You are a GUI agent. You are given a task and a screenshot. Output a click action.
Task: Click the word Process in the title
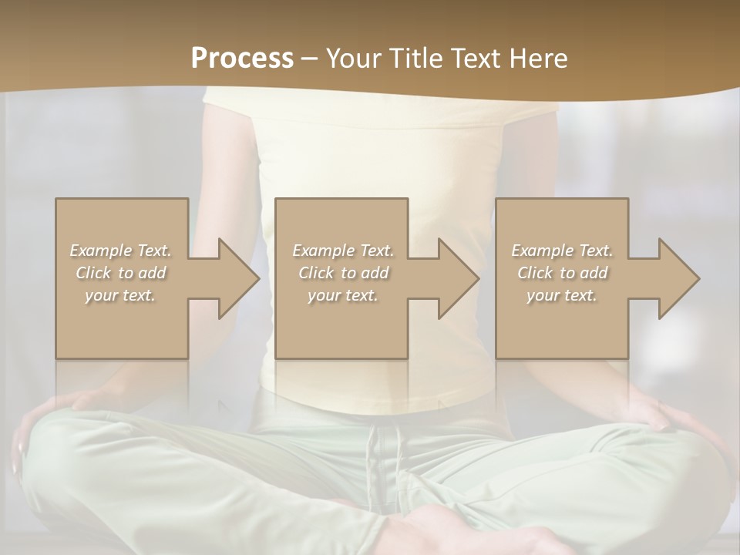point(242,59)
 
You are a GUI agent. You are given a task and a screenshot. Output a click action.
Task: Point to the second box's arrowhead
point(457,278)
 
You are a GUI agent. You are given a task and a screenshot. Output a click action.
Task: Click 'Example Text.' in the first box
point(120,251)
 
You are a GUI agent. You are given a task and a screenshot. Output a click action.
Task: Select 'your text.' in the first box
point(120,295)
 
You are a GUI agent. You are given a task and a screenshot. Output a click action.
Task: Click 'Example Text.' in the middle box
point(343,251)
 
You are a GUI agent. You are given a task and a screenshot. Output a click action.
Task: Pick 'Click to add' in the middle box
point(343,273)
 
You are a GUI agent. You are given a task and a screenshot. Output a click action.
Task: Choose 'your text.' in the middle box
point(343,295)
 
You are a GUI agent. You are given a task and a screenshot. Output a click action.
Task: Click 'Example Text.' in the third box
point(562,251)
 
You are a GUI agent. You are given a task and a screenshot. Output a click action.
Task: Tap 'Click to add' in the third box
point(562,273)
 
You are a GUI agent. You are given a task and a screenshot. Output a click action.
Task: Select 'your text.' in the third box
point(562,295)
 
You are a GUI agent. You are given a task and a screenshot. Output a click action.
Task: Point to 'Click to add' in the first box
point(120,273)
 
